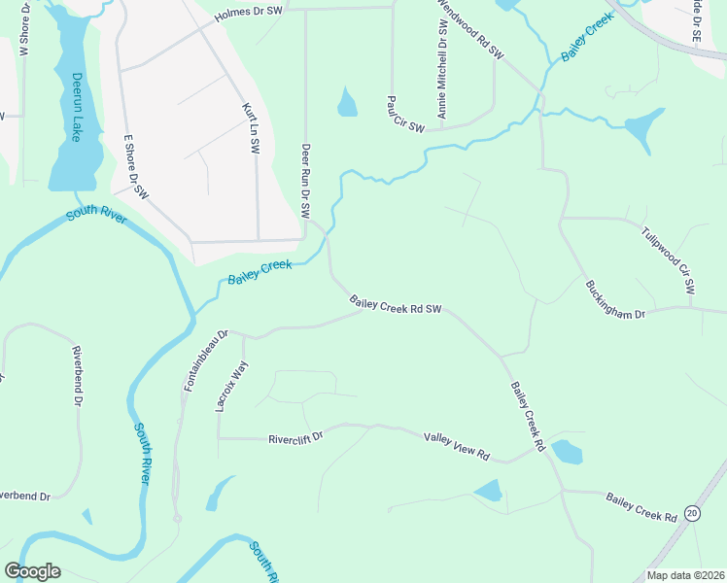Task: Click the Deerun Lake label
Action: click(75, 107)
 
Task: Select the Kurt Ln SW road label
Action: click(250, 129)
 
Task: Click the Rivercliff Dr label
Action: click(294, 439)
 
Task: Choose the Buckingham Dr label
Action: click(615, 300)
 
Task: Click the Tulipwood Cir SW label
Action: click(669, 259)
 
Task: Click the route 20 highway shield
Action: click(692, 512)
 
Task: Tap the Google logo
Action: click(33, 570)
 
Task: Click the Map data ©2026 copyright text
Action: click(685, 575)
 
